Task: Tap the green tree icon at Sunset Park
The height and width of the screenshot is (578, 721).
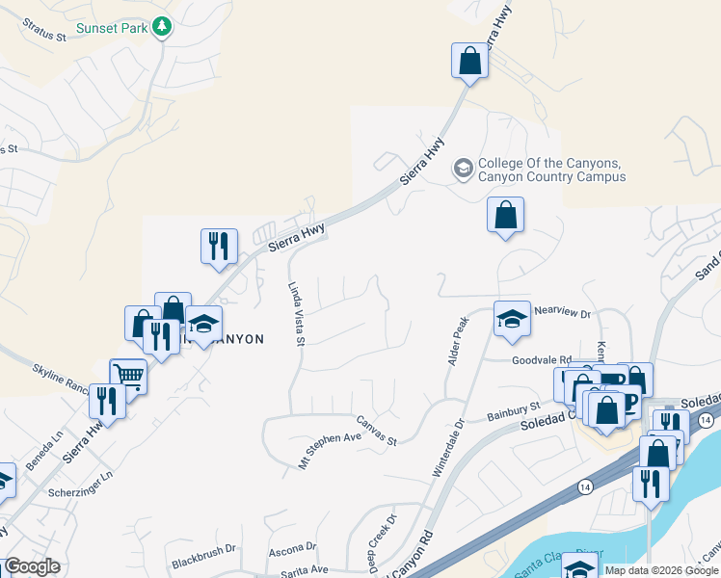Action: [163, 27]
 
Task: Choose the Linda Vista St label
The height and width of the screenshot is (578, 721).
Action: [297, 313]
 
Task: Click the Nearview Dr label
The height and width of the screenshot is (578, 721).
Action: [561, 313]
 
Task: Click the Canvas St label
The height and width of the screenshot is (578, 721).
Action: [377, 431]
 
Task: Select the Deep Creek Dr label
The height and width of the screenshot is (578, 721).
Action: [382, 544]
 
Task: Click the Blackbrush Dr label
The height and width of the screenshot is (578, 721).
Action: [203, 556]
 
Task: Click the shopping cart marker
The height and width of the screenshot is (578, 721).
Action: [127, 376]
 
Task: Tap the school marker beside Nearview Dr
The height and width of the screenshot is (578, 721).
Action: [512, 319]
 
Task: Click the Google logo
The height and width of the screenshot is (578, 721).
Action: [33, 566]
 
